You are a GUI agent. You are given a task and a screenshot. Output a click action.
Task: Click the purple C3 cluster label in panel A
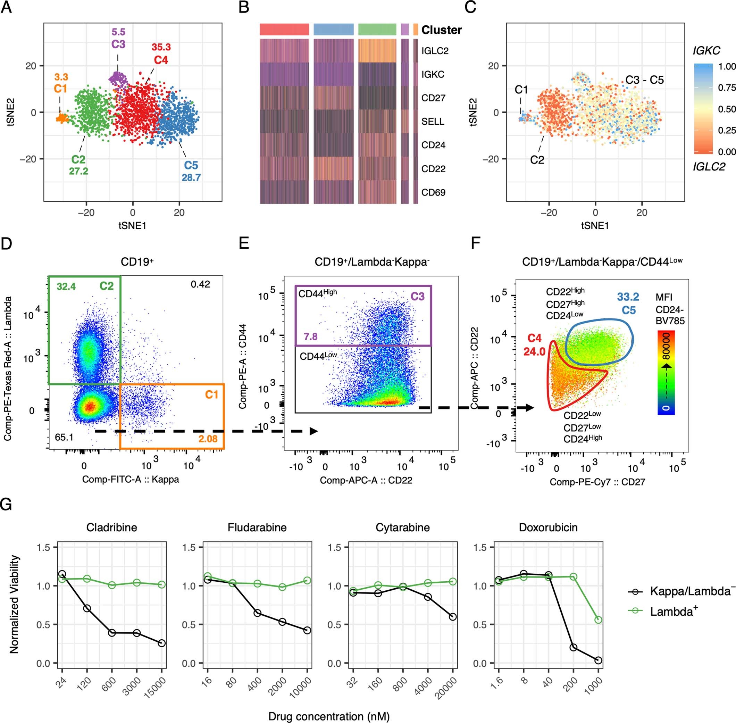[118, 44]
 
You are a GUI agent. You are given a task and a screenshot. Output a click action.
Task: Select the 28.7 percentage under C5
[191, 178]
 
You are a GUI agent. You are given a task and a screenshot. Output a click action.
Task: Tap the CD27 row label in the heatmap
[433, 98]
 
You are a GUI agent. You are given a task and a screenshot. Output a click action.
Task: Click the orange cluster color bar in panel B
[415, 30]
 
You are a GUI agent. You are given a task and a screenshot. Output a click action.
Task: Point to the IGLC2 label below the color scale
[709, 167]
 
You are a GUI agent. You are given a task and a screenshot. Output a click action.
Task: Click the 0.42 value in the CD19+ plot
[200, 284]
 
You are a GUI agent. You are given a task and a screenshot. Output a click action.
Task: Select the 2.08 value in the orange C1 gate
[208, 439]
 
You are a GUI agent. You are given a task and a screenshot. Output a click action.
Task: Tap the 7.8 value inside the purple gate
[310, 336]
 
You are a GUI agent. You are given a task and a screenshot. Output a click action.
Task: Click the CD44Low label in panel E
[318, 356]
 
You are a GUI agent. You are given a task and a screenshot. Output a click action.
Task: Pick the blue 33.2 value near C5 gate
[628, 297]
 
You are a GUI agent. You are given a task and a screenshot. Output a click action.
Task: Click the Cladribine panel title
[111, 527]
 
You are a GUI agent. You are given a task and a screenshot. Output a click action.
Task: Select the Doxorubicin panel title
[548, 527]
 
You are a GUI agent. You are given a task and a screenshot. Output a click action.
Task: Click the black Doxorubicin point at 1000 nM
[598, 660]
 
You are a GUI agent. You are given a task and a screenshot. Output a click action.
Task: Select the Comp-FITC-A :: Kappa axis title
[131, 479]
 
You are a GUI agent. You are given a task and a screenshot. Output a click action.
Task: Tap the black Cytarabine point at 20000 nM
[452, 617]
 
